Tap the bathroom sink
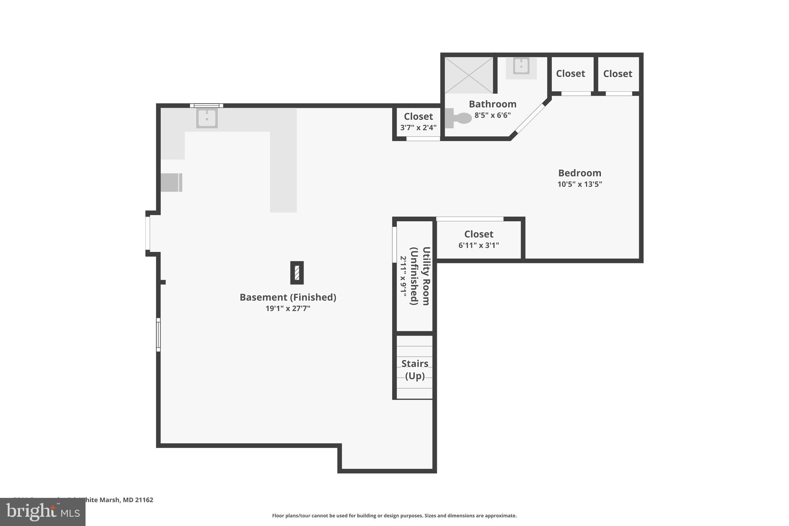click(x=521, y=66)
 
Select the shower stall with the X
click(x=469, y=75)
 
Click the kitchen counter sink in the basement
click(x=207, y=118)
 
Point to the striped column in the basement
click(x=297, y=273)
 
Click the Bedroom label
click(x=579, y=173)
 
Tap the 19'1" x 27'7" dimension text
click(x=288, y=308)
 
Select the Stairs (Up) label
click(x=415, y=369)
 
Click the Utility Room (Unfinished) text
click(x=420, y=276)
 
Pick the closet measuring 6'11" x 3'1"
click(x=478, y=239)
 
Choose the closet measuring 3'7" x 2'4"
click(x=418, y=121)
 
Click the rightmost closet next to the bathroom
click(x=618, y=74)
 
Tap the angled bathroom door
click(x=530, y=118)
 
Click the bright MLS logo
click(x=43, y=512)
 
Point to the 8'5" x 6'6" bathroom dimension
click(x=492, y=115)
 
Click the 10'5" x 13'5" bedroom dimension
click(x=579, y=184)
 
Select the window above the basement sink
click(x=206, y=106)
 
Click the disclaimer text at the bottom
click(x=394, y=516)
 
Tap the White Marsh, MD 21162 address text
click(x=116, y=500)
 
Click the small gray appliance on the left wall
click(x=171, y=182)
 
